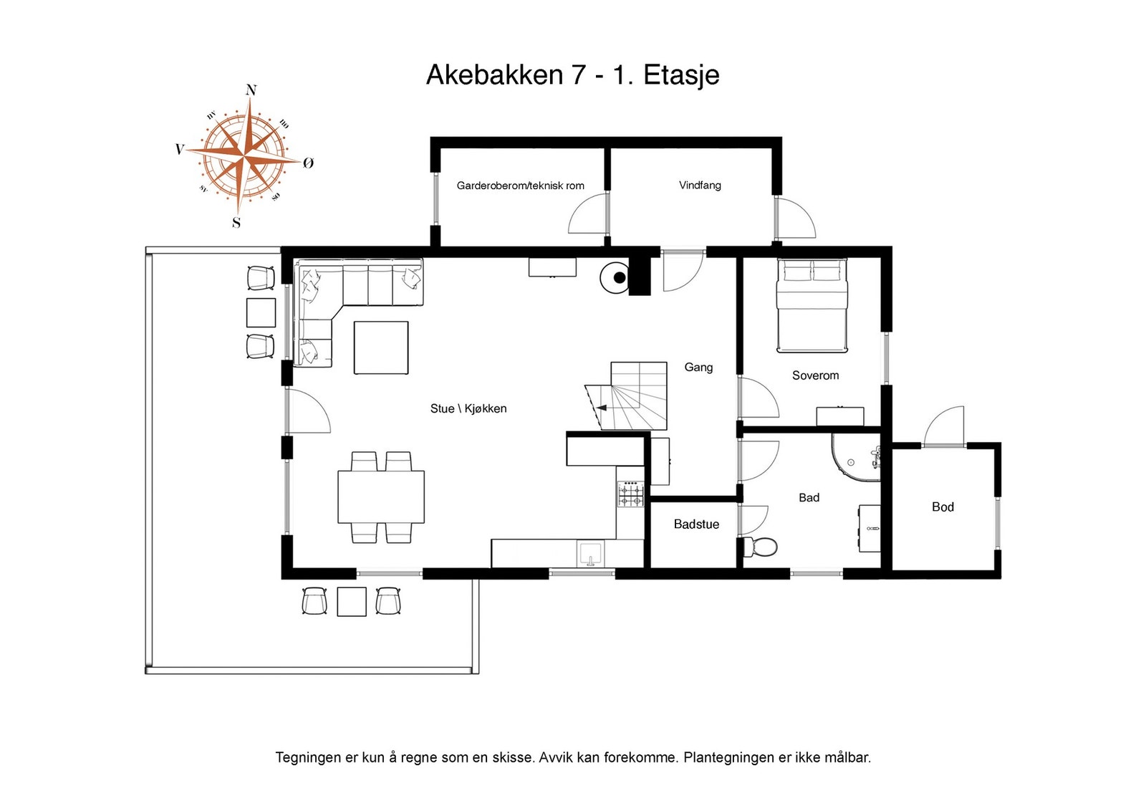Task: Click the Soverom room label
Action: coord(815,375)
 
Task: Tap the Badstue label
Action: coord(696,524)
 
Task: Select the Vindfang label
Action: coord(700,185)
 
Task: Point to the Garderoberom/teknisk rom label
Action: coord(520,186)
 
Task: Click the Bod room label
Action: coord(943,507)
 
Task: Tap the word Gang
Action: coord(698,368)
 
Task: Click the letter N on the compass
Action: coord(251,90)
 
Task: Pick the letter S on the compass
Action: coord(236,223)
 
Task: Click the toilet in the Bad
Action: coord(761,547)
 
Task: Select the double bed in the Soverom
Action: coord(812,307)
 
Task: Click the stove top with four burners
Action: coord(630,494)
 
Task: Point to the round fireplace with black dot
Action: coord(615,277)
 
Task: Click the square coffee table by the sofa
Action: coord(381,347)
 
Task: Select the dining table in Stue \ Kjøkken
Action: coord(381,496)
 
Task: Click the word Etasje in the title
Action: coord(681,75)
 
